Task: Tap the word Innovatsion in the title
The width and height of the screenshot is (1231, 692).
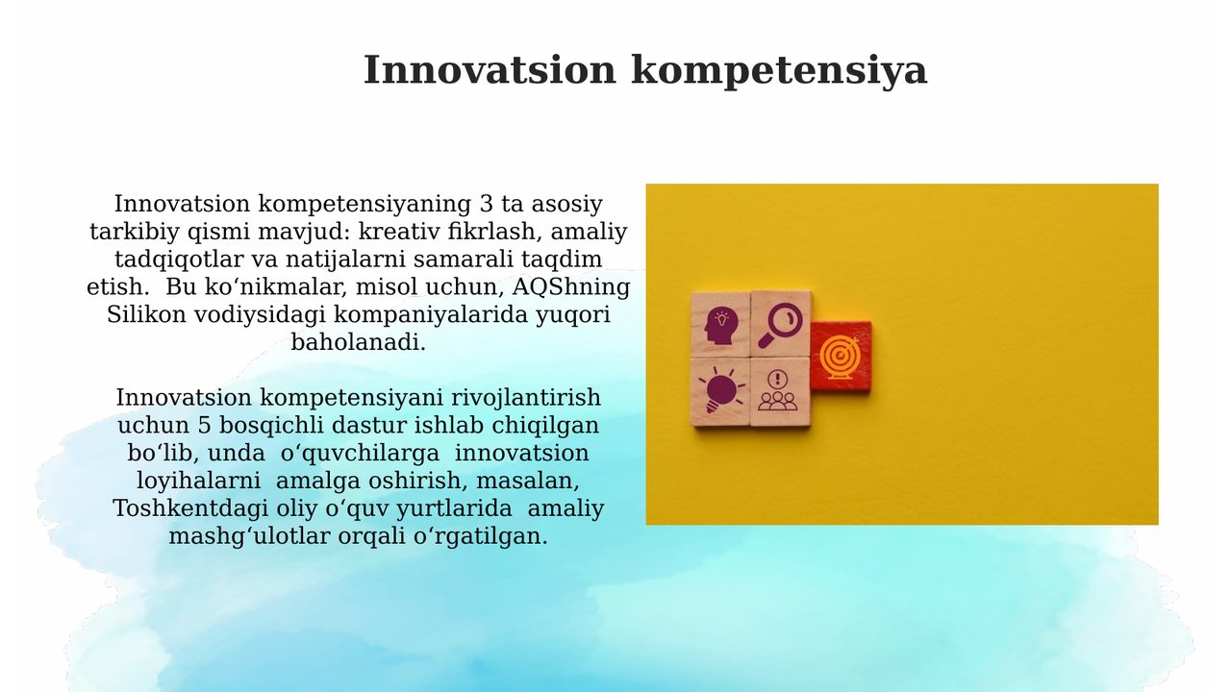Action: [490, 70]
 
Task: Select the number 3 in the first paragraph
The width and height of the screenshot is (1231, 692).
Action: [487, 205]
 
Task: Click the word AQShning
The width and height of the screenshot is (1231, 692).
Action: [571, 287]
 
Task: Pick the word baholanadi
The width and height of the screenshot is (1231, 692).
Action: [359, 343]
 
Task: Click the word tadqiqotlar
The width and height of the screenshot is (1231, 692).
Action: [179, 259]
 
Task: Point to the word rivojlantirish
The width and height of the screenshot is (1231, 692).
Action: [526, 398]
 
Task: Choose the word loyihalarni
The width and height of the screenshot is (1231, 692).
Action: [198, 482]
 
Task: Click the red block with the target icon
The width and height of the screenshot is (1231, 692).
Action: [841, 357]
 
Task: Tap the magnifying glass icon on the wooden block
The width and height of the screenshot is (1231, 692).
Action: [780, 326]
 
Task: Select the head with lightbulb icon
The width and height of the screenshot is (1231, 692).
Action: [720, 326]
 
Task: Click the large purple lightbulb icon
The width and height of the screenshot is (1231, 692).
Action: [721, 391]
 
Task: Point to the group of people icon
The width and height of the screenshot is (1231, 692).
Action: [778, 401]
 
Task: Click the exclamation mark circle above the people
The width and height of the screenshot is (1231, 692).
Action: [778, 379]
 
